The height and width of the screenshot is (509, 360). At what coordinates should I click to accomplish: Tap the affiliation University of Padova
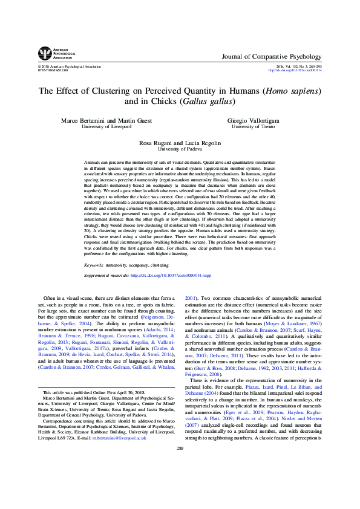(x=180, y=148)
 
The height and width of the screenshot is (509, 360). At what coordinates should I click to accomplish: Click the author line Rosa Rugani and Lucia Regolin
(x=180, y=141)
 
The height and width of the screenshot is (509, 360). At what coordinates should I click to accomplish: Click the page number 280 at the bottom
(x=180, y=481)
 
